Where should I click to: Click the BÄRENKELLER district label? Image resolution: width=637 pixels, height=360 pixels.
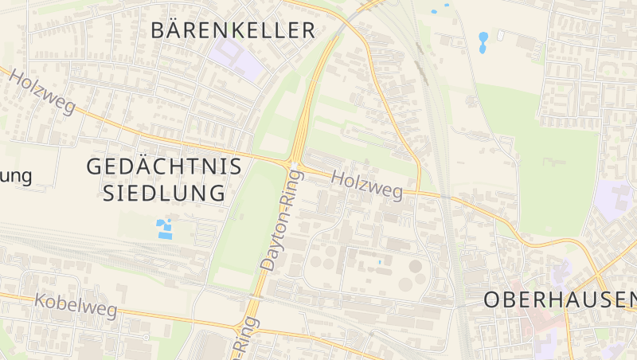pos(233,31)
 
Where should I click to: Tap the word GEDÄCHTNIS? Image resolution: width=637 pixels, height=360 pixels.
pos(163,167)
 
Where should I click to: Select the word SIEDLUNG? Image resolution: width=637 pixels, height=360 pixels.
pos(165,193)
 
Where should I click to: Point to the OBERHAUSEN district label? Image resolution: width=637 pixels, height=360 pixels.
pos(561,299)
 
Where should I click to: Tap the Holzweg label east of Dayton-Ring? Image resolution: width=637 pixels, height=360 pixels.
pos(366,183)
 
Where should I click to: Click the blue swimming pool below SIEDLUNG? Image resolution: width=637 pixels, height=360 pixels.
pos(165,229)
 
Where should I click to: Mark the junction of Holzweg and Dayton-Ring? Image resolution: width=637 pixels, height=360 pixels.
pos(292,164)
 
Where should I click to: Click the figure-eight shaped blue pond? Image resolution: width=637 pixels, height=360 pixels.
pos(483,42)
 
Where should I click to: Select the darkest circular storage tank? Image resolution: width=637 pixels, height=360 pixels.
pos(416,267)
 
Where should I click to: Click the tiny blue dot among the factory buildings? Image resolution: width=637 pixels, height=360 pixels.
pos(380,261)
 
